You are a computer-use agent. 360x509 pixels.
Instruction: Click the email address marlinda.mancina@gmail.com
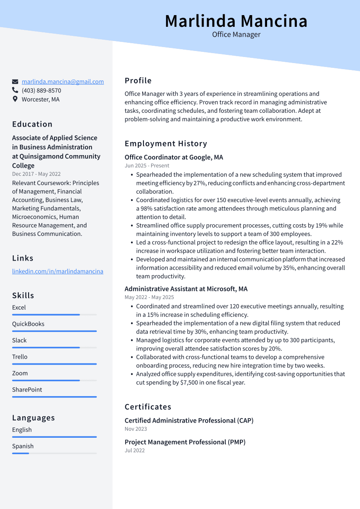coord(63,82)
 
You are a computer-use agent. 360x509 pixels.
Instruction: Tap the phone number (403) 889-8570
coord(41,90)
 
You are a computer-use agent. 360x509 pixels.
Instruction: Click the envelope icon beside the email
coord(15,82)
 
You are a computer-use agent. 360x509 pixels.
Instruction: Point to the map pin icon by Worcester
coord(15,99)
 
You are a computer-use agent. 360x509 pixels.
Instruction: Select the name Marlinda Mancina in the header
coord(236,21)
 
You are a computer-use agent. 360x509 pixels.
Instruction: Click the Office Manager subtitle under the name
coord(236,35)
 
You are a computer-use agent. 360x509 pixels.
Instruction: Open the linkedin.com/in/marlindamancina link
coord(57,271)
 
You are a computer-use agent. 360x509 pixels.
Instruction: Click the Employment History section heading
coord(166,143)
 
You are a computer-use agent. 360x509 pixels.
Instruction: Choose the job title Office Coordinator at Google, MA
coord(174,157)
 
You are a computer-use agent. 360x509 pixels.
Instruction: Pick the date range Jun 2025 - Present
coord(147,165)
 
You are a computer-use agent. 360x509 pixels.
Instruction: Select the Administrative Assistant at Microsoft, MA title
coord(186,289)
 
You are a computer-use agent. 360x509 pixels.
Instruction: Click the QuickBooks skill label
coord(28,324)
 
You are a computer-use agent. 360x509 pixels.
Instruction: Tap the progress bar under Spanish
coord(54,453)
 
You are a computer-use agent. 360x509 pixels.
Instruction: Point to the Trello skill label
coord(19,356)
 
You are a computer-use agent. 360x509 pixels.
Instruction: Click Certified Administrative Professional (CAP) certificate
coord(189,420)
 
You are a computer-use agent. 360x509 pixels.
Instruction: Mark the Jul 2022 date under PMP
coord(134,450)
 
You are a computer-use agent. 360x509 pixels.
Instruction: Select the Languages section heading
coord(33,418)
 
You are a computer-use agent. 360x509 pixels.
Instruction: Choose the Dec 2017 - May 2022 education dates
coord(36,174)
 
